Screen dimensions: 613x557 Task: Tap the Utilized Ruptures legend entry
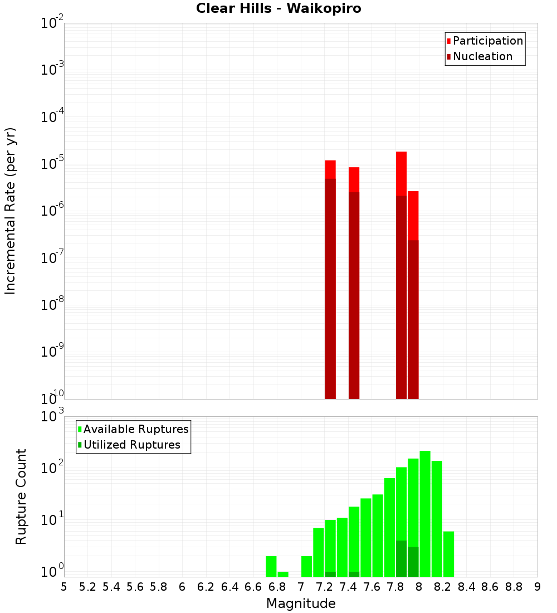(131, 445)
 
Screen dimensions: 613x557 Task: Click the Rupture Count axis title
(21, 497)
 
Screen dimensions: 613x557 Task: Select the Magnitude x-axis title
(301, 604)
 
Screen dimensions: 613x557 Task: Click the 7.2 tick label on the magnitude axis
(324, 587)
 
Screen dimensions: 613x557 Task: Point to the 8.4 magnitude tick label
(466, 587)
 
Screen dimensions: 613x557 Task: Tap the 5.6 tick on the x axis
(135, 587)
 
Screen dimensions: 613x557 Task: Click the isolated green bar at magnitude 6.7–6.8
(271, 566)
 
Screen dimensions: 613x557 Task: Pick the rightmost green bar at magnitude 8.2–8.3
(448, 554)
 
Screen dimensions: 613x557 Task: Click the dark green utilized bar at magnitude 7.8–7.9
(401, 558)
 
